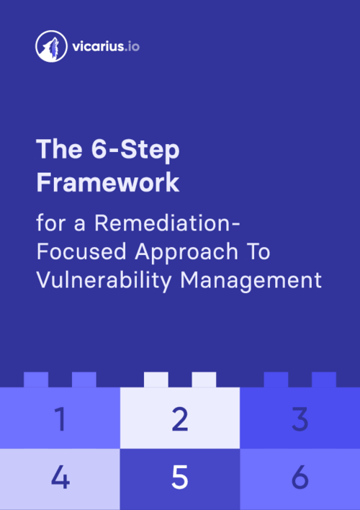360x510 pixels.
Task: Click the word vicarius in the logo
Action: [92, 48]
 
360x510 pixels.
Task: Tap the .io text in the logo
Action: [130, 48]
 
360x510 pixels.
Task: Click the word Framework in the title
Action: [107, 182]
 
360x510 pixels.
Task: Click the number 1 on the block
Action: [60, 419]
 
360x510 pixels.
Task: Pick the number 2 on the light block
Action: [180, 419]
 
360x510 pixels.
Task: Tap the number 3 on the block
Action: [300, 419]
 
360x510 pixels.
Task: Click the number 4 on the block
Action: [60, 478]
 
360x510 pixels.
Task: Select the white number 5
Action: [180, 478]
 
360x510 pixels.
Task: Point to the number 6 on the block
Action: [300, 478]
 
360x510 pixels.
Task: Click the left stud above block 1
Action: [36, 380]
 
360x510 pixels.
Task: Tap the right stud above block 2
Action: [204, 380]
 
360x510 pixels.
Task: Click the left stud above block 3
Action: [276, 380]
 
